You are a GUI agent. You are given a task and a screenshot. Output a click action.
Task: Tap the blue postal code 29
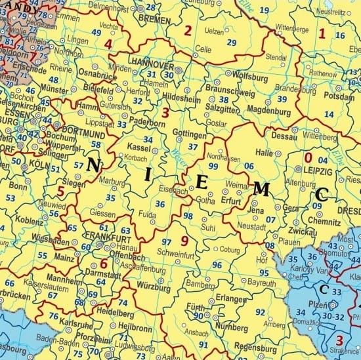(232, 43)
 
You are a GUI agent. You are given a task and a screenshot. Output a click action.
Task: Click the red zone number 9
(184, 241)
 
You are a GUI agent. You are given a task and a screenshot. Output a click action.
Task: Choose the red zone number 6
(103, 265)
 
